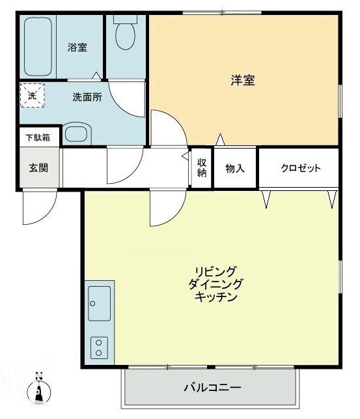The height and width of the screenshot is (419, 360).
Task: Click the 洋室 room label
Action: [x=242, y=81]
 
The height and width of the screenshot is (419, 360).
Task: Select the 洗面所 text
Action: [x=87, y=96]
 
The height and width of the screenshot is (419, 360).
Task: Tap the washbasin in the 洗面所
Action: [x=76, y=134]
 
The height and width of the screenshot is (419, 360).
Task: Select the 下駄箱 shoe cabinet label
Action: [x=37, y=137]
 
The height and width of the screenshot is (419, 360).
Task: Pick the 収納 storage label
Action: [x=202, y=167]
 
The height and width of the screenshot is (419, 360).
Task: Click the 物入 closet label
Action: [x=235, y=168]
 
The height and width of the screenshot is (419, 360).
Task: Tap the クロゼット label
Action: [x=300, y=168]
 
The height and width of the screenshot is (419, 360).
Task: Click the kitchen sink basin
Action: [x=99, y=304]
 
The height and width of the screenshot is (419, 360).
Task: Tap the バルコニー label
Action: [x=212, y=388]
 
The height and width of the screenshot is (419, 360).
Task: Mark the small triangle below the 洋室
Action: [x=221, y=139]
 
